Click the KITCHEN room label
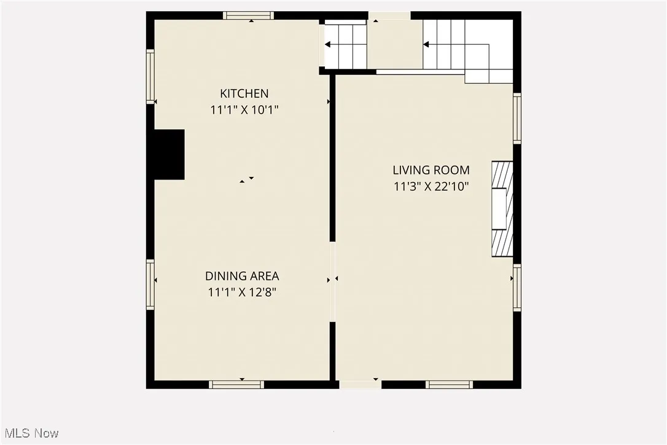(244, 93)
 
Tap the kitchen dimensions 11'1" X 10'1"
(244, 110)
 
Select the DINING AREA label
(242, 276)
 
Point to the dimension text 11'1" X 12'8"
(242, 293)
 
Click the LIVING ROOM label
(431, 170)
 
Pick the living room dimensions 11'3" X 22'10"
(431, 186)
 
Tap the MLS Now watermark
(29, 433)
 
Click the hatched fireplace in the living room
(502, 208)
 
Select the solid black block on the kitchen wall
(169, 154)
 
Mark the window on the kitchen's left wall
(150, 76)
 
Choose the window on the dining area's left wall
(150, 284)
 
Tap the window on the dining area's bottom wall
(236, 385)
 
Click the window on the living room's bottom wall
(449, 385)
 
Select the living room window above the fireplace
(517, 118)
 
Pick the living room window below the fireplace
(517, 288)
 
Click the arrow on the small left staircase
(328, 44)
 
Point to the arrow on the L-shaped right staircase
(426, 44)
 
